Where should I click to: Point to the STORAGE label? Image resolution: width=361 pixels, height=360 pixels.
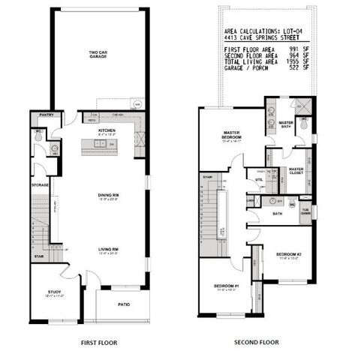pos(41,184)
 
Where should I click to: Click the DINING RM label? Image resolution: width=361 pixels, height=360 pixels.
pos(109,196)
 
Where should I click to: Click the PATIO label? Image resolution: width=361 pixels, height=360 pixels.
pos(125,304)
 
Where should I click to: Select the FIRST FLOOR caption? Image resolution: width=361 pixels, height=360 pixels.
pos(101,341)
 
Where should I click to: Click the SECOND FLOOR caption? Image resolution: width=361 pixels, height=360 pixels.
pos(255,341)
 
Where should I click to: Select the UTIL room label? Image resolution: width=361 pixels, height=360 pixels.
pos(259,180)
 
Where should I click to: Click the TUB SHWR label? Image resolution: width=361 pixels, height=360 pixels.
pos(305,210)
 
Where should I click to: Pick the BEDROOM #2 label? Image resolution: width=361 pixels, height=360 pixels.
pos(288,254)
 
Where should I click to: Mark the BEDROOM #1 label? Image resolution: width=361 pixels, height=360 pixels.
pos(226,286)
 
